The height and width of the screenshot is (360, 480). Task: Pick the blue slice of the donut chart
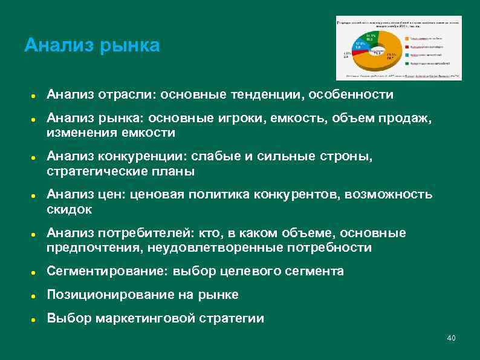coord(360,45)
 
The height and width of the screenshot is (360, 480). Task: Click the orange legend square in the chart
coord(407,39)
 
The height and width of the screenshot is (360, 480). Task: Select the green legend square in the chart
coord(407,63)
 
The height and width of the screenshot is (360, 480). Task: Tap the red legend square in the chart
coord(407,47)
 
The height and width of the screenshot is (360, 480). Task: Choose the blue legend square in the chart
coord(407,55)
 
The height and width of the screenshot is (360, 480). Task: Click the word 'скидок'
coord(69,209)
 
